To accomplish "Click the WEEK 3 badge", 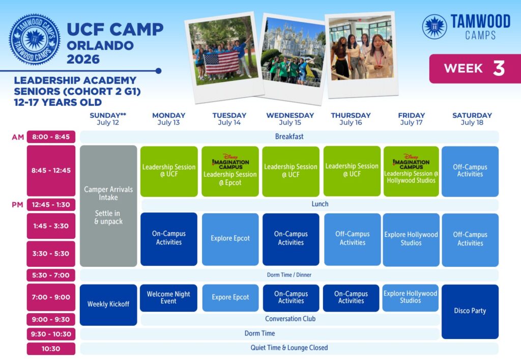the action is (475, 68).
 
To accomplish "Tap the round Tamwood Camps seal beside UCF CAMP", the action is (35, 39).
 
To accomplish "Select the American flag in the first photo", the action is (221, 63).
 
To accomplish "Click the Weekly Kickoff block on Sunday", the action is (108, 304).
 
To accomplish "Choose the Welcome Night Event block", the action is (168, 298).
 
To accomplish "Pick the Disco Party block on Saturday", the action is (470, 312).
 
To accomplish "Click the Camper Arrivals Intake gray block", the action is (108, 206).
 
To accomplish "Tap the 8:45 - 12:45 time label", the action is (51, 171).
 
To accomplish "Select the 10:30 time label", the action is (51, 349).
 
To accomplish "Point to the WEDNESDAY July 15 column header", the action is (290, 119).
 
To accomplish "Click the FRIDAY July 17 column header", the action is (411, 119).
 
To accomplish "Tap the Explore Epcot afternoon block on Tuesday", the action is (230, 239).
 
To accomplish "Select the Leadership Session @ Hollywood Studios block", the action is (411, 171).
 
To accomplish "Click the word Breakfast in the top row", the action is (289, 136).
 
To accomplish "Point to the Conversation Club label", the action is (290, 319).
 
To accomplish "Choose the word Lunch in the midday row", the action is (320, 204).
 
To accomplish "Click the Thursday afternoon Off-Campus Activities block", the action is (353, 239).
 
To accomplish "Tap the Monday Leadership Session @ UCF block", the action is (169, 171).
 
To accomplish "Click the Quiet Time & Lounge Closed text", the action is (289, 348).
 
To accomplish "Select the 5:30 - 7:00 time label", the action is (51, 275).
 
